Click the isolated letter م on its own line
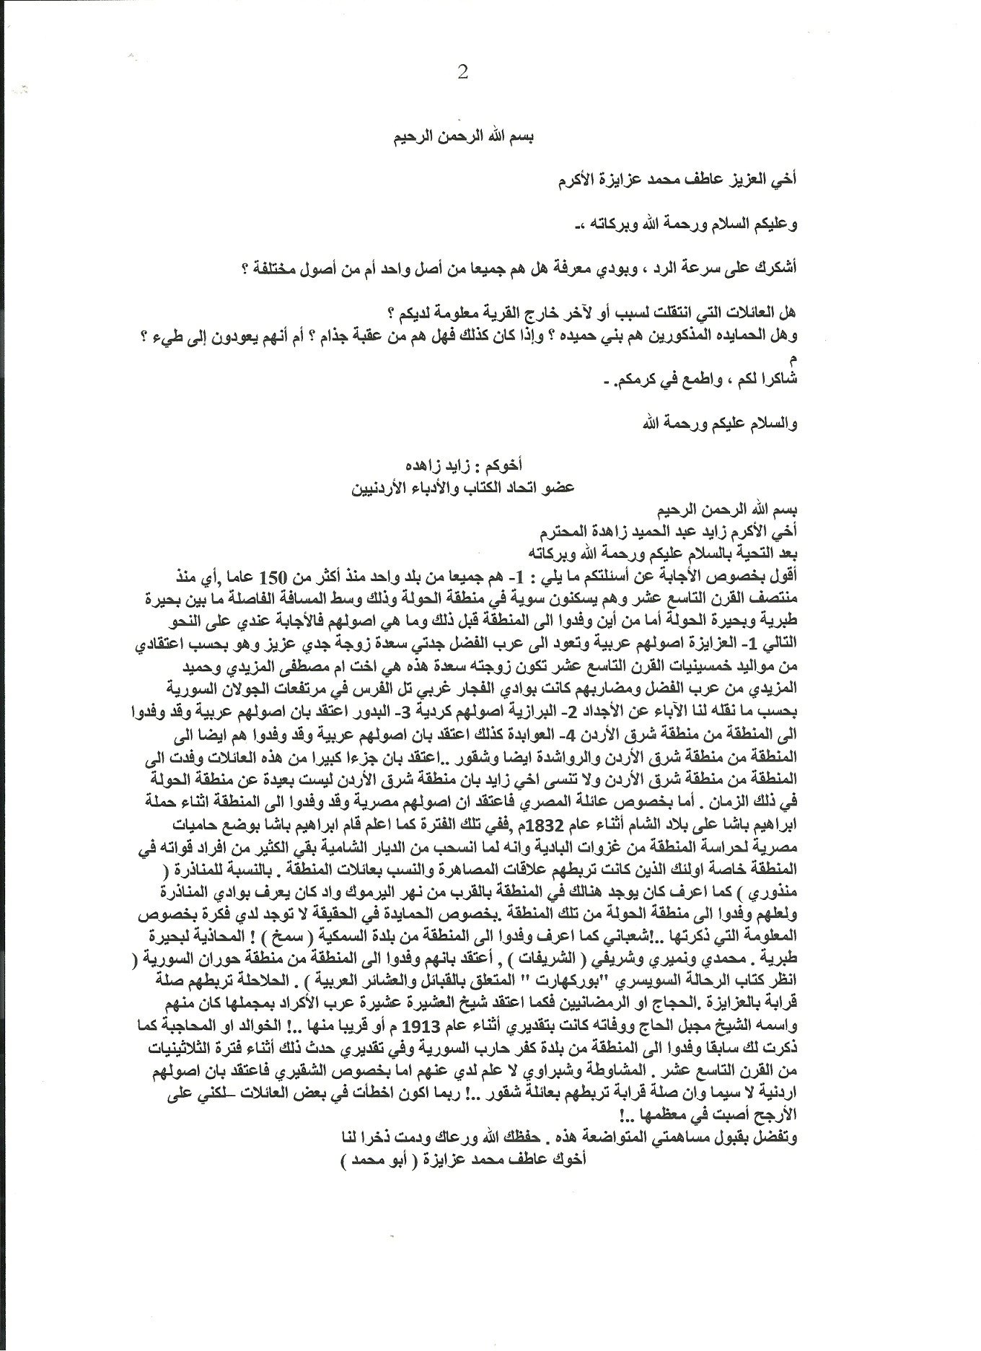tap(793, 359)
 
